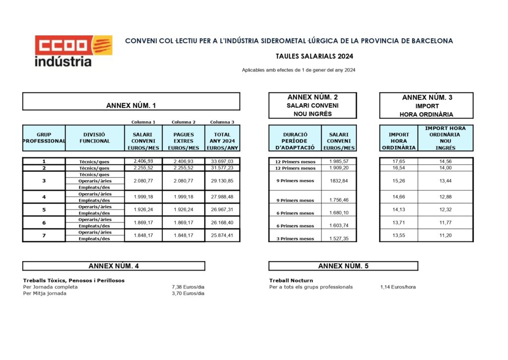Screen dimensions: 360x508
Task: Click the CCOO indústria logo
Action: [73, 51]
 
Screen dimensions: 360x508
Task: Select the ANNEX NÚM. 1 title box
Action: [131, 105]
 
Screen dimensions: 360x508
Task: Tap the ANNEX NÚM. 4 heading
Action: [114, 266]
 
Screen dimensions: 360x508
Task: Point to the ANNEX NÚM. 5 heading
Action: [343, 266]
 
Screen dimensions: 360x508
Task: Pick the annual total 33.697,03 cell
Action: [222, 161]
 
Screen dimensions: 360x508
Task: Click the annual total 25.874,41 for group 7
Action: [222, 235]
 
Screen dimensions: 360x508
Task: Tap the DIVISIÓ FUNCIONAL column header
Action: [94, 138]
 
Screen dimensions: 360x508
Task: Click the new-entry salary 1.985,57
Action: [339, 161]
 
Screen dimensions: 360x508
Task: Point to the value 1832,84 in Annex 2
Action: [339, 181]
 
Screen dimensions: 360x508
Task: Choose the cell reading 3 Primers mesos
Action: [295, 239]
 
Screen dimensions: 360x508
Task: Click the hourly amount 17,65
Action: [399, 161]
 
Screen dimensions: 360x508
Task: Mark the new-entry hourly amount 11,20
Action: [445, 235]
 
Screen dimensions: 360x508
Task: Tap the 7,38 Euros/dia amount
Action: [188, 287]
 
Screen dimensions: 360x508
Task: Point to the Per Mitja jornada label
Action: [45, 293]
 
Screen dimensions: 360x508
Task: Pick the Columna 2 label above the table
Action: [184, 122]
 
